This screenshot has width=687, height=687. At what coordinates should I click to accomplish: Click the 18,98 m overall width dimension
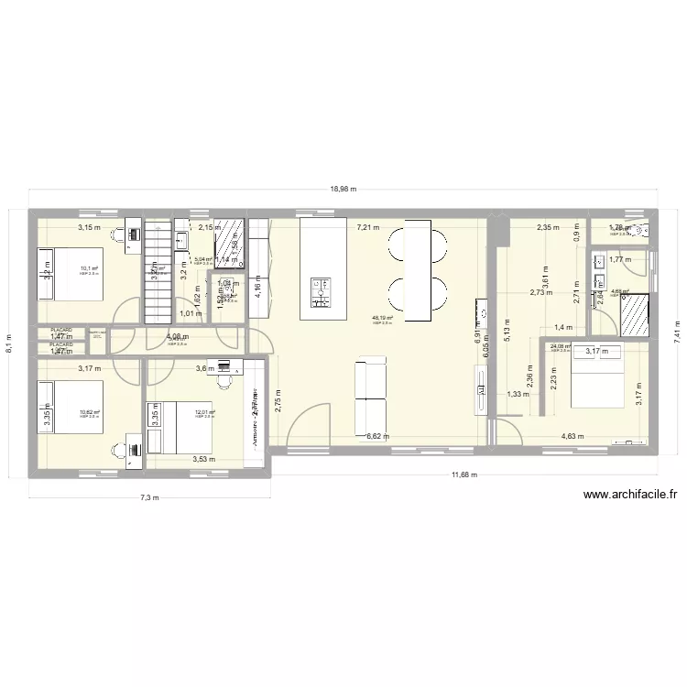coord(343,190)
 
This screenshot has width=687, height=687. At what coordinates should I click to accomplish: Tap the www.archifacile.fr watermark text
coord(631,496)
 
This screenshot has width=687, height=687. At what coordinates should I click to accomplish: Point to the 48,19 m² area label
coord(382,319)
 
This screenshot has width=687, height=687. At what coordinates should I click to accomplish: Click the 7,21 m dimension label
coord(368,227)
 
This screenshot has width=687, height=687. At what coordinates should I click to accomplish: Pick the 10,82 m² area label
coord(89,412)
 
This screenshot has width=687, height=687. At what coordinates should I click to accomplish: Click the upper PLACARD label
coord(61,330)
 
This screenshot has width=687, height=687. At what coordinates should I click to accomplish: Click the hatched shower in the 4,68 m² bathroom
coord(634,315)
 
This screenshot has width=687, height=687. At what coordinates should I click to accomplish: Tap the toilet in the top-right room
coord(640,231)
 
